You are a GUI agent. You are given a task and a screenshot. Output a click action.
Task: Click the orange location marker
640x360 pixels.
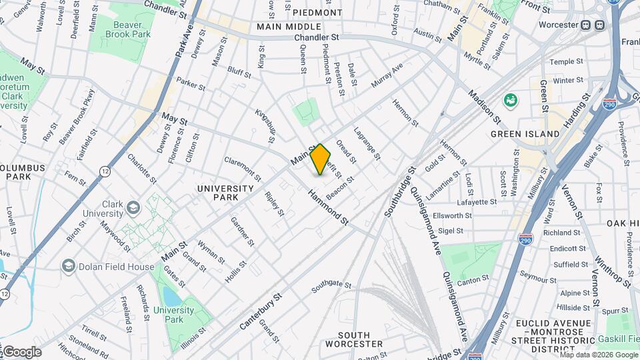pyautogui.click(x=320, y=159)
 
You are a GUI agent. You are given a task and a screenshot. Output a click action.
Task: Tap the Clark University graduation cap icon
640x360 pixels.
pyautogui.click(x=134, y=209)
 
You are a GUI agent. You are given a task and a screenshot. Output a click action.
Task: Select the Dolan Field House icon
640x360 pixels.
pyautogui.click(x=67, y=267)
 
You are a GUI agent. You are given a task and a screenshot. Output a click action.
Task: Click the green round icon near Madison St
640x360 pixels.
pyautogui.click(x=511, y=101)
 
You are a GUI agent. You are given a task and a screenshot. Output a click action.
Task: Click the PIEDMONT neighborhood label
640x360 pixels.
pyautogui.click(x=317, y=13)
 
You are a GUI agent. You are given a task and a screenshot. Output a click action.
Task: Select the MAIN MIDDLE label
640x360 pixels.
pyautogui.click(x=289, y=27)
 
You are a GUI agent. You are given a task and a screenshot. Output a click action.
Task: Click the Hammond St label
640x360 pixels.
pyautogui.click(x=328, y=206)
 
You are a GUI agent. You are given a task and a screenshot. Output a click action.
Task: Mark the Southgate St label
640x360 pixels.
pyautogui.click(x=331, y=287)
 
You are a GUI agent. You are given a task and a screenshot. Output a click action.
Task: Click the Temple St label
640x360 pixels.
pyautogui.click(x=566, y=61)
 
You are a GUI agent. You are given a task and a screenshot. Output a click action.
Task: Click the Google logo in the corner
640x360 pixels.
pyautogui.click(x=21, y=352)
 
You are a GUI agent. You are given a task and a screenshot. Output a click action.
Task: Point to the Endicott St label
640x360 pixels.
pyautogui.click(x=563, y=249)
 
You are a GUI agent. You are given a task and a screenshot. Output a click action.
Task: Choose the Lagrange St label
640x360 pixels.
pyautogui.click(x=367, y=144)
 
